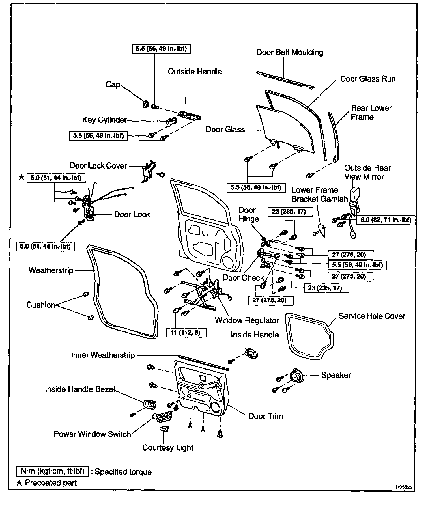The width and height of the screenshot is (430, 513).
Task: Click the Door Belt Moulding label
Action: (x=290, y=52)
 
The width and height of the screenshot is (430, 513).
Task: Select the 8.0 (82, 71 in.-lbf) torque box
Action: (x=385, y=220)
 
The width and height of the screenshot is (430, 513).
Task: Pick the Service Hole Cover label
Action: (x=372, y=316)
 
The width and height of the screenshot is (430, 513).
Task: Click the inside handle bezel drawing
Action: (x=149, y=405)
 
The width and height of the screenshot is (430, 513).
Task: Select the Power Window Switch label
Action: (x=92, y=434)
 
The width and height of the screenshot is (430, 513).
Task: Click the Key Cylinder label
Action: (x=104, y=120)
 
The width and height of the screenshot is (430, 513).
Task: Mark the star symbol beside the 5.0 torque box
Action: (x=21, y=178)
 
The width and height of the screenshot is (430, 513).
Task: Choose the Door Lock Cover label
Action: (x=98, y=165)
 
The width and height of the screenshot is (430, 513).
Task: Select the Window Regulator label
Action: (x=247, y=320)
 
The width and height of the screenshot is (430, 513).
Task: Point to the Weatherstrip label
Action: (x=51, y=270)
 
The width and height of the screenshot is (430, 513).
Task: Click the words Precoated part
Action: (x=51, y=483)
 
